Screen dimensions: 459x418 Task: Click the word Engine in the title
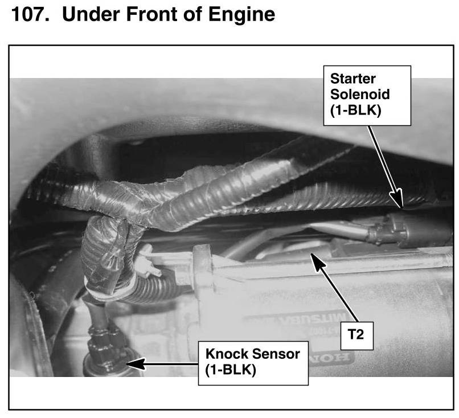point(242,15)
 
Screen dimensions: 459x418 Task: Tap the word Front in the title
point(151,14)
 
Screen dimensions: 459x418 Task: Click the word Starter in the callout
point(353,79)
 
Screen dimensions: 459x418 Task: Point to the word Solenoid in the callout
point(360,95)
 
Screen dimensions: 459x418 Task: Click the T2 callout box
point(356,335)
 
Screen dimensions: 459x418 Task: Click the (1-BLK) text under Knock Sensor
point(231,370)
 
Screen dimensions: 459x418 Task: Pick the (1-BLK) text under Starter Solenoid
point(356,110)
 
